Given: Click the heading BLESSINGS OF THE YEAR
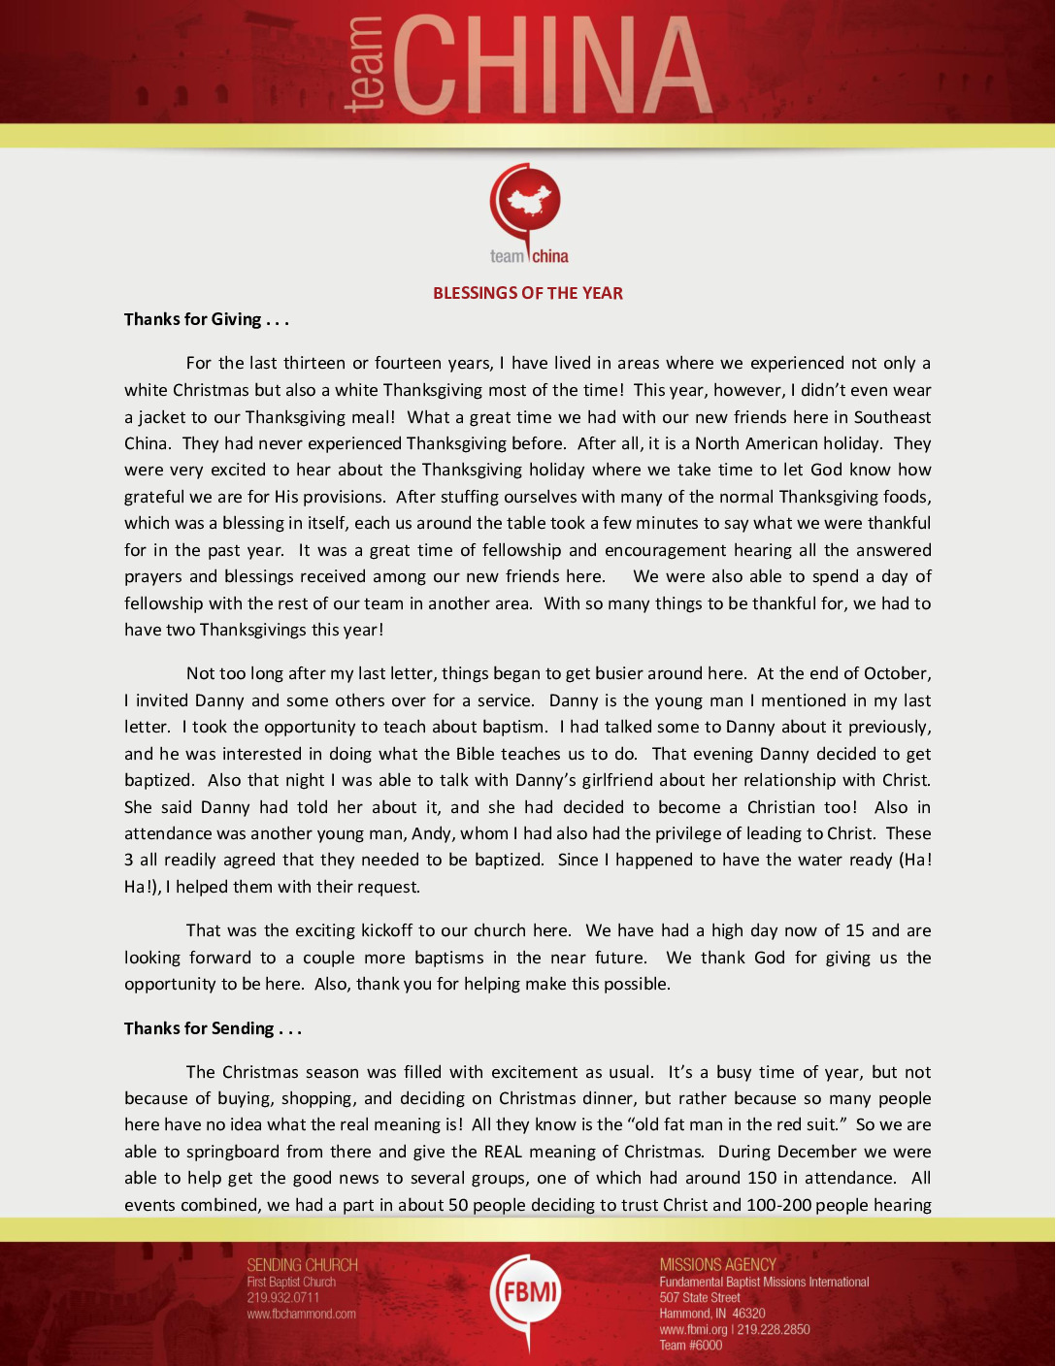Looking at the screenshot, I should pyautogui.click(x=528, y=293).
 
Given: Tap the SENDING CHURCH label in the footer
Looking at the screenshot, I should pyautogui.click(x=302, y=1265).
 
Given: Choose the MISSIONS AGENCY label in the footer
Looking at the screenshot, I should pyautogui.click(x=717, y=1265).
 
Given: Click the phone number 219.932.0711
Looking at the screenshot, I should pyautogui.click(x=282, y=1298).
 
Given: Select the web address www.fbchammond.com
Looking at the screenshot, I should pyautogui.click(x=301, y=1315).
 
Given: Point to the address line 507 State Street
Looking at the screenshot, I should pyautogui.click(x=699, y=1298).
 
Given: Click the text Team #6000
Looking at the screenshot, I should pyautogui.click(x=690, y=1346).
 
